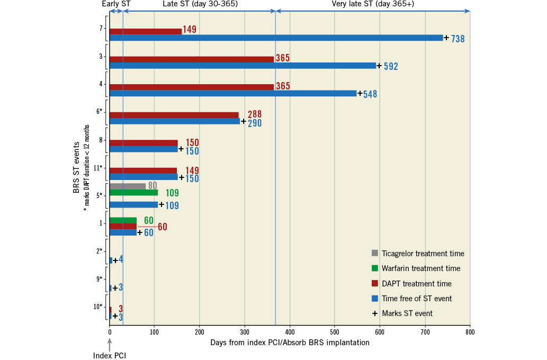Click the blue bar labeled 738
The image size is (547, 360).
point(276,38)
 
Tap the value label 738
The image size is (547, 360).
point(458,39)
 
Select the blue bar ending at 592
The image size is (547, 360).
point(243,66)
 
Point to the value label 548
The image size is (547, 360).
point(370,94)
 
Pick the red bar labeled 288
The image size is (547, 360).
point(174,115)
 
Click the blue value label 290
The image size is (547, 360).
point(255,123)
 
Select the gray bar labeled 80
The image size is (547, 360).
point(128,186)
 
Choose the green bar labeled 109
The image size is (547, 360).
point(133,193)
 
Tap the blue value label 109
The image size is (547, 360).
point(172,206)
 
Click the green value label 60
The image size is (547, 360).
point(149,221)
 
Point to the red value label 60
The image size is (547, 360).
point(163,228)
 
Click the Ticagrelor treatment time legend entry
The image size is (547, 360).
point(418,254)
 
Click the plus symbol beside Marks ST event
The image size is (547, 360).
point(375,313)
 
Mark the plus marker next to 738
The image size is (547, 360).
point(446,38)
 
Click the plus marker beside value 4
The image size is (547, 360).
point(115,260)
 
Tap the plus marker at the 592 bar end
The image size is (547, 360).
point(379,66)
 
